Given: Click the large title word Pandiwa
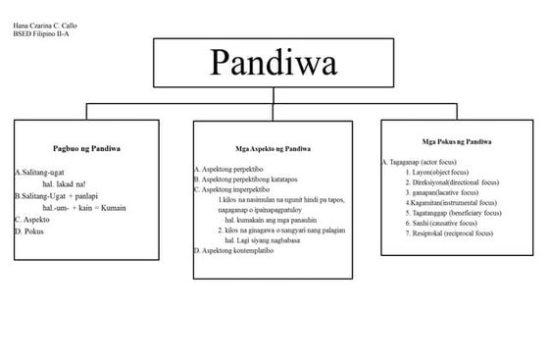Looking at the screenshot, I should click(274, 64).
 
